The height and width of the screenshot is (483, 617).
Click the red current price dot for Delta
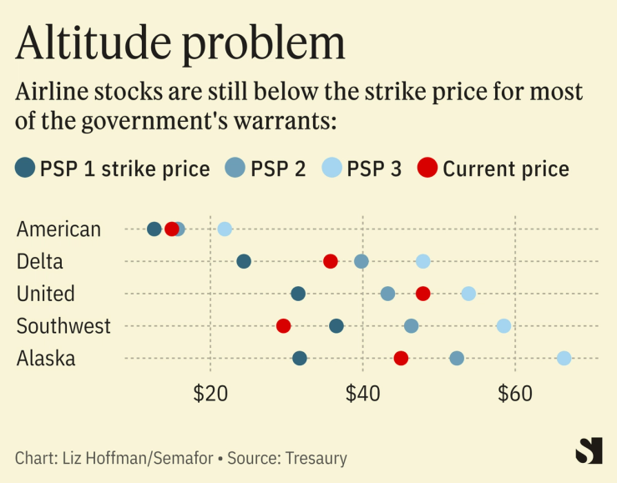[331, 261]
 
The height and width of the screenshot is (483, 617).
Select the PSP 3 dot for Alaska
[564, 358]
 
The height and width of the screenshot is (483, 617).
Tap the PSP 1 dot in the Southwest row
[336, 325]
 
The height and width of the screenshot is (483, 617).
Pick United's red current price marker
[423, 294]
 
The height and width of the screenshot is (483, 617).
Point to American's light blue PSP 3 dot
[225, 229]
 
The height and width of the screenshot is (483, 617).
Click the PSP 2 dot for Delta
[362, 261]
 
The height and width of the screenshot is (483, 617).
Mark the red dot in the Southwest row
[283, 325]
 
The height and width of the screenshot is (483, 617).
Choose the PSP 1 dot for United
[298, 294]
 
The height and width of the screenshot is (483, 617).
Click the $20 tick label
[210, 395]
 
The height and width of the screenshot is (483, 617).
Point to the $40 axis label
[362, 395]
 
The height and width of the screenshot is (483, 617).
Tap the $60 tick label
[515, 395]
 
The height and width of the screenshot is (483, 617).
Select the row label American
[58, 229]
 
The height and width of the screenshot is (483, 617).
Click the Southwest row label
[63, 326]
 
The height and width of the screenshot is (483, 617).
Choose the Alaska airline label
[46, 359]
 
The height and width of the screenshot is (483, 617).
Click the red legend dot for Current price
[427, 168]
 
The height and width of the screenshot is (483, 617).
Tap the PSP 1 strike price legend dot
[26, 168]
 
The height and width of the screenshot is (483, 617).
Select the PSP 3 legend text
[374, 169]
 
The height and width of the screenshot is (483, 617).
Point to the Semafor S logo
[589, 450]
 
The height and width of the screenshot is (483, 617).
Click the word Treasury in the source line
[316, 458]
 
